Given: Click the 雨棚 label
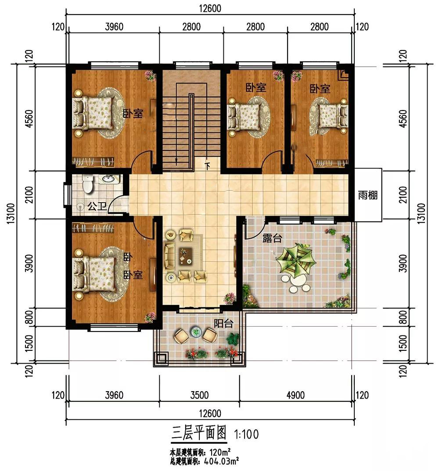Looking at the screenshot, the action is [x=367, y=196].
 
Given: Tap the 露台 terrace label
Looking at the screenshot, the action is [x=272, y=238].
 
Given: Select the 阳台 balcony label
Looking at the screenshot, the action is [x=223, y=323].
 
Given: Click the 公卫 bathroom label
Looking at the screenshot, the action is [x=97, y=206].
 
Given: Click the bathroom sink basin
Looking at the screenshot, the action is [x=108, y=179].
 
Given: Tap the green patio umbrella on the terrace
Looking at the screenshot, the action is [x=296, y=261].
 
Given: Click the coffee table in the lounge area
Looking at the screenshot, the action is [x=186, y=256].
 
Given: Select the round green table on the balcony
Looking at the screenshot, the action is [x=196, y=332].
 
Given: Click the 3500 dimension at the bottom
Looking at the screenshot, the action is [x=199, y=395].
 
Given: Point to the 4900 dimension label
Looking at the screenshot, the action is [x=295, y=395].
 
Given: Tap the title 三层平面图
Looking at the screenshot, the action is [x=199, y=433].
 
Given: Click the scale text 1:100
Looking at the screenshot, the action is [x=246, y=434].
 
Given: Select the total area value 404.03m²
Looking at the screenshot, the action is [x=222, y=460].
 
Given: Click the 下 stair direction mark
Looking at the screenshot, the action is [x=207, y=166].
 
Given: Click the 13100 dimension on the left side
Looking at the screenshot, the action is [x=10, y=213].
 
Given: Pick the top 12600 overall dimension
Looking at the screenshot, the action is [x=210, y=8].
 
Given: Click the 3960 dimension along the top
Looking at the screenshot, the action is [x=114, y=27].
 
